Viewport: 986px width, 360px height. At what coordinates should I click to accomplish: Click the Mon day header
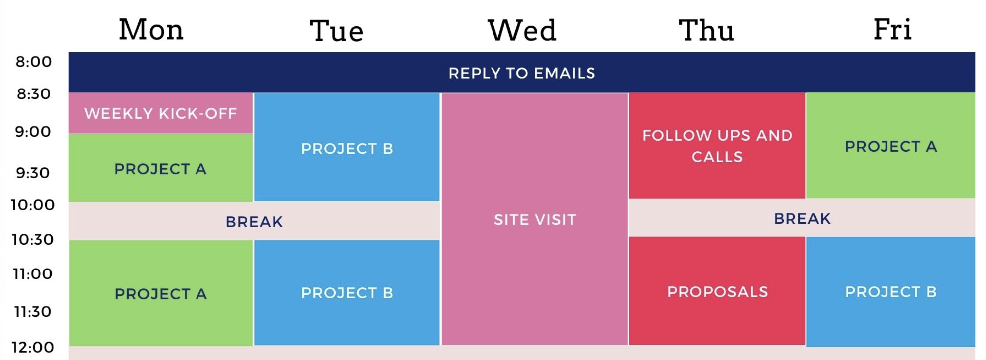(151, 29)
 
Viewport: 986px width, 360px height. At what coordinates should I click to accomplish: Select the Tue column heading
(337, 31)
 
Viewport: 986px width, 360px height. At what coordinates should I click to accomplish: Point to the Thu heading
(706, 30)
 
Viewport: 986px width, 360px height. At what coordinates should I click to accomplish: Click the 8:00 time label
(34, 62)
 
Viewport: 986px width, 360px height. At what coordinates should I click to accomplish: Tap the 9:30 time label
(33, 173)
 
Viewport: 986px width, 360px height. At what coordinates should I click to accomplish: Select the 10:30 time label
(33, 239)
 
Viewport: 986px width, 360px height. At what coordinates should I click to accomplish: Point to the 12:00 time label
(33, 347)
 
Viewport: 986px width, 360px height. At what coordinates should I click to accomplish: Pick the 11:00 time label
(33, 273)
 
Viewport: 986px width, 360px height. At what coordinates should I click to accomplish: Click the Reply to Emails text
(522, 73)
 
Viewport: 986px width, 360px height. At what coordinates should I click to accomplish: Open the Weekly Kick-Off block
(161, 113)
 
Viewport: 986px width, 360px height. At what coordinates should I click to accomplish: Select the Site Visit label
(535, 220)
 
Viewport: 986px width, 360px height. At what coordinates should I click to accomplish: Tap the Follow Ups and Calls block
(717, 146)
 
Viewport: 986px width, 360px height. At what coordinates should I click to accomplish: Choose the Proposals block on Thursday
(717, 291)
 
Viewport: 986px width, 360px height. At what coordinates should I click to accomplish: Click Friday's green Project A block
(890, 146)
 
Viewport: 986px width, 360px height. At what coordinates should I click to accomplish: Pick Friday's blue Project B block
(890, 291)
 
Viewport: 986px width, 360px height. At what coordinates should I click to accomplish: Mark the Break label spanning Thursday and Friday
(802, 218)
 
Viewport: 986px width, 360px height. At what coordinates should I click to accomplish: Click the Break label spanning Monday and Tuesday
(254, 221)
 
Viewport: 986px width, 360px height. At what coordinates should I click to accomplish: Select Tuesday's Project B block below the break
(347, 292)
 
